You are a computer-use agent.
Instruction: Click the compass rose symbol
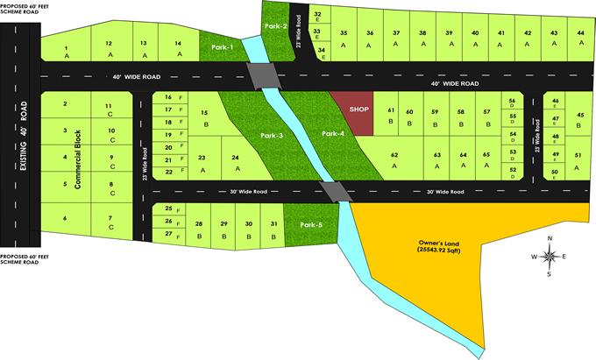(x=550, y=256)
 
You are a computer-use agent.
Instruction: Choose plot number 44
(x=580, y=37)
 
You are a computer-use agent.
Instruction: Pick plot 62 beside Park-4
(x=394, y=159)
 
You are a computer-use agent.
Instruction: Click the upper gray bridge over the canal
(x=264, y=76)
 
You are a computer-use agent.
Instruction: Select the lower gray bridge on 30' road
(x=333, y=191)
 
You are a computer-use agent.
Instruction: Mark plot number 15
(x=205, y=117)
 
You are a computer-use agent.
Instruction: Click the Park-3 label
(x=271, y=136)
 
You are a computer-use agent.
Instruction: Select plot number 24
(x=235, y=162)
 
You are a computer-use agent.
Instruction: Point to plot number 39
(x=448, y=37)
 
